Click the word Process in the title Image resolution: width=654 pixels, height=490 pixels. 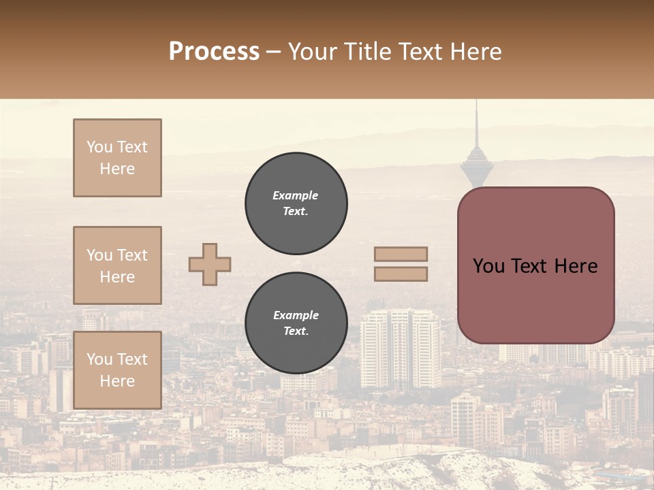[x=214, y=52]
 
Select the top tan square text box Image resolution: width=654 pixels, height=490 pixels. [x=117, y=158]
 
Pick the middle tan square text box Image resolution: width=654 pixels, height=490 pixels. [x=117, y=265]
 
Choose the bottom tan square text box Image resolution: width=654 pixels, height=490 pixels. [x=117, y=370]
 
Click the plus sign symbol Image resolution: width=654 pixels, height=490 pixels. [x=210, y=265]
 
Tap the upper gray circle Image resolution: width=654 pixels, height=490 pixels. [x=296, y=203]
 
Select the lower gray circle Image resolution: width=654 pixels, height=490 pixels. [x=296, y=323]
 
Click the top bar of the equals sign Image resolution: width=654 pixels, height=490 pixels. [x=401, y=255]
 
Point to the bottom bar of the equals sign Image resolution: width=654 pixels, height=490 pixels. [x=401, y=274]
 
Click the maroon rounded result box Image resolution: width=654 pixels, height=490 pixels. [x=535, y=265]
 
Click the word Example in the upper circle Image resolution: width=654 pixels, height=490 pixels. [x=296, y=196]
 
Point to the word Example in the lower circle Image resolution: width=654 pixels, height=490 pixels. [x=296, y=316]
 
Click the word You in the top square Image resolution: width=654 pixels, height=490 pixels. [x=99, y=147]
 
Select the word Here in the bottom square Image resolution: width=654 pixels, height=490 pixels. [x=117, y=381]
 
